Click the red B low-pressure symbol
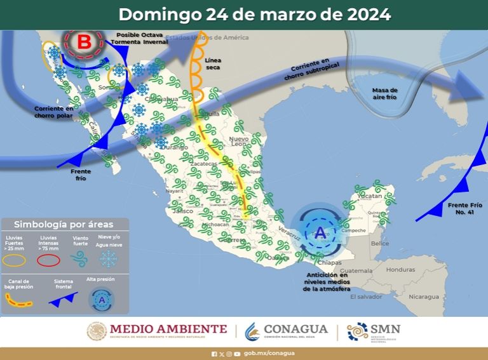pos(84,43)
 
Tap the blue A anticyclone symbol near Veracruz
pos(320,234)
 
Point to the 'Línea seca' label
pos(213,63)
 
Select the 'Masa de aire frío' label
pos(385,95)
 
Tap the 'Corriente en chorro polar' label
pos(54,112)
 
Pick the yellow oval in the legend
pos(15,260)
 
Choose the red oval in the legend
pos(48,260)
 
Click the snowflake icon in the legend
pos(109,258)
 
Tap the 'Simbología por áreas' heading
pos(64,224)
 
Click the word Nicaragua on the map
pos(424,297)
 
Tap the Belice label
pos(380,243)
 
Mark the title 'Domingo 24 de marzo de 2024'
pos(254,14)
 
